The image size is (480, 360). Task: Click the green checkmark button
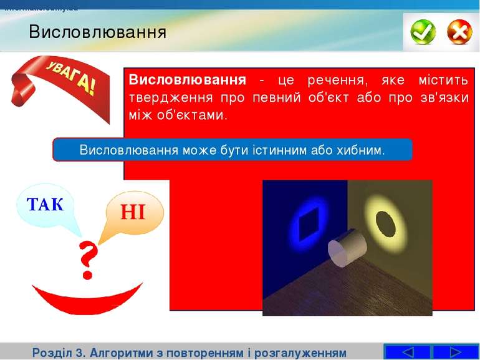(423, 31)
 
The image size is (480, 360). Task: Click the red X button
(459, 31)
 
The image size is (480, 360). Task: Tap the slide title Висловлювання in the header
(97, 32)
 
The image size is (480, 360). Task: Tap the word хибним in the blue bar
(360, 150)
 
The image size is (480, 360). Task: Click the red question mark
(88, 261)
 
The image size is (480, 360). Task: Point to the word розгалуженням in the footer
(299, 353)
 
